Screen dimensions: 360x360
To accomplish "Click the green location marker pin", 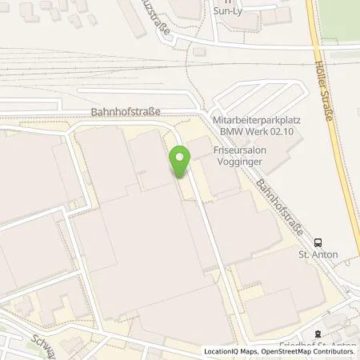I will (x=180, y=162).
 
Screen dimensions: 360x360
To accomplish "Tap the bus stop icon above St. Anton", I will (x=318, y=243).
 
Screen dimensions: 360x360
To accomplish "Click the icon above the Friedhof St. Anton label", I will (x=318, y=334).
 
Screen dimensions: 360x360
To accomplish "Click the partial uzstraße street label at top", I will (x=158, y=18).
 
